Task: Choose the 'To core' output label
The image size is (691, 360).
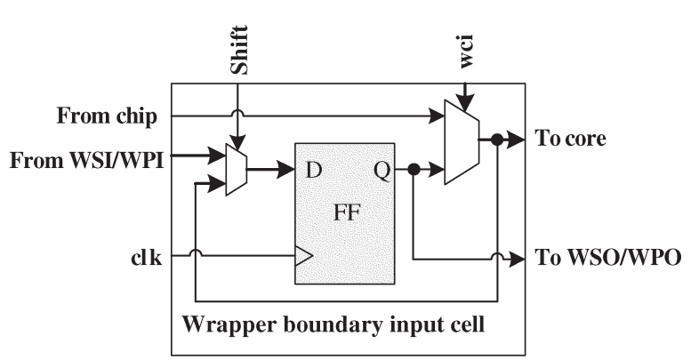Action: click(571, 139)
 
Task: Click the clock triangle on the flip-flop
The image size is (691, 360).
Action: click(303, 258)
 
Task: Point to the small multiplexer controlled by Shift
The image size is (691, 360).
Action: click(237, 169)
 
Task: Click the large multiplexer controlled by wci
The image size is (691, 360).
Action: click(461, 142)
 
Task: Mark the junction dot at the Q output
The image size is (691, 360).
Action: click(414, 169)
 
